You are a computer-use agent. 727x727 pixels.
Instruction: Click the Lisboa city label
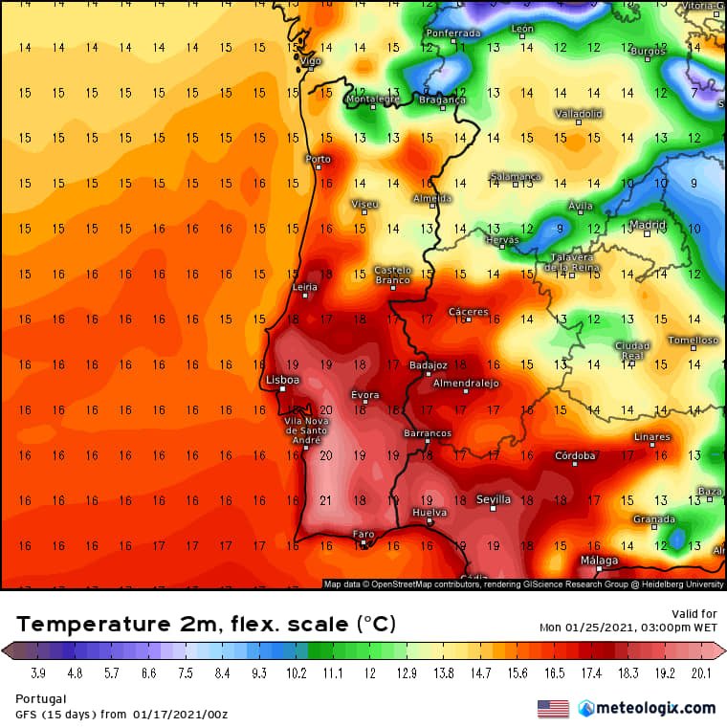pos(283,380)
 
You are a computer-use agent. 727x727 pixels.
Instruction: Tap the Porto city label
pos(317,159)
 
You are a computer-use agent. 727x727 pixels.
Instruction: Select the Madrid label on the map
pos(647,225)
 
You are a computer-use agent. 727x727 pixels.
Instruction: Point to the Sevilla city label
pos(494,499)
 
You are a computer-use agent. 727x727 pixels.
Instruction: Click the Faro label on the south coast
pos(363,534)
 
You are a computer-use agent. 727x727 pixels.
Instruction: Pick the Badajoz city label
pos(428,364)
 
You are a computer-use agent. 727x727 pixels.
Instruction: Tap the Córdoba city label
pos(575,455)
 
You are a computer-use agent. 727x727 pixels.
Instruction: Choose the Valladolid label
pos(579,113)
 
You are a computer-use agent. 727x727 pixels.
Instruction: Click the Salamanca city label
pos(516,176)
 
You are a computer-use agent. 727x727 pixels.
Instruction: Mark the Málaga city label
pos(599,561)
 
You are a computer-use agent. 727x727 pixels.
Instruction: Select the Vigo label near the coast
pos(311,60)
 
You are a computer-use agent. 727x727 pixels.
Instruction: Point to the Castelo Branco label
pos(392,275)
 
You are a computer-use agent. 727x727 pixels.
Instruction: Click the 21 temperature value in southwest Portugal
pos(325,500)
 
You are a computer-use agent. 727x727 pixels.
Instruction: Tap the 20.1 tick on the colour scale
pos(702,673)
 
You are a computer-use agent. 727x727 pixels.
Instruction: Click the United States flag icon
pos(552,709)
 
